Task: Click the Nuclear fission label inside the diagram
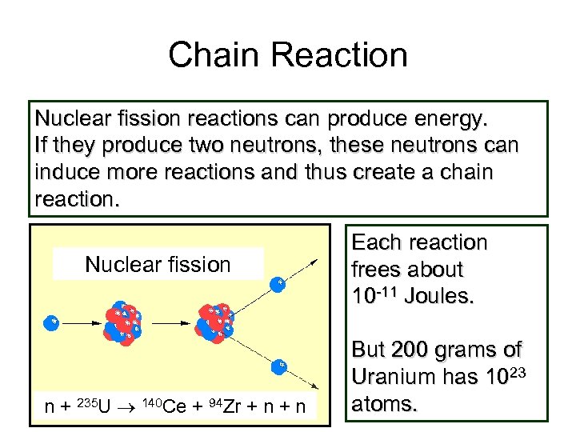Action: tap(158, 265)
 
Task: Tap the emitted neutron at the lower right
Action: tap(280, 366)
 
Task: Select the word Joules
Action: tap(439, 296)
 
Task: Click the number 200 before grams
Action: tap(414, 350)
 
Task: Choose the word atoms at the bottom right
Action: tap(385, 404)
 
